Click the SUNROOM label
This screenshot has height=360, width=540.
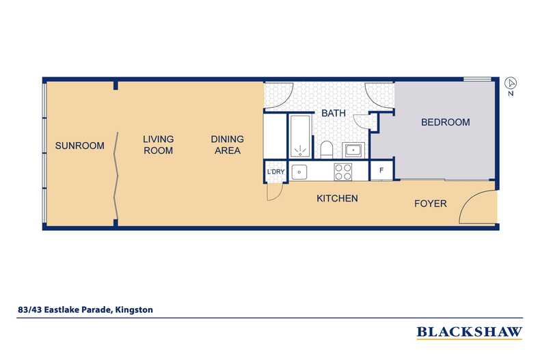pyautogui.click(x=79, y=146)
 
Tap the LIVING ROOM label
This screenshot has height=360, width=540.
pyautogui.click(x=159, y=145)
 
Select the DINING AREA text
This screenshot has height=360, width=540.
pyautogui.click(x=228, y=145)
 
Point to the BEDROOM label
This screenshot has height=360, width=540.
pyautogui.click(x=445, y=122)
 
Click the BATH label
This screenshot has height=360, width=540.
pyautogui.click(x=334, y=113)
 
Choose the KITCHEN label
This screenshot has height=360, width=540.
pyautogui.click(x=337, y=198)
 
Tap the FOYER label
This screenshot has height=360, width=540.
pyautogui.click(x=431, y=204)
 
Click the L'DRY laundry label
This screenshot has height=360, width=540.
pyautogui.click(x=276, y=171)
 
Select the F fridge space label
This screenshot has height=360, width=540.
pyautogui.click(x=381, y=170)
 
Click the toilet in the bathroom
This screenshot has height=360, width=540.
pyautogui.click(x=326, y=150)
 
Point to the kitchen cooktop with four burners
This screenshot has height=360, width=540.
pyautogui.click(x=343, y=171)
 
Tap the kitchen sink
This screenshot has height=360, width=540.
pyautogui.click(x=299, y=172)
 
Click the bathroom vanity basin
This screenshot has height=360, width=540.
pyautogui.click(x=353, y=150)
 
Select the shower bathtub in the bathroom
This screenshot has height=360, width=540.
pyautogui.click(x=301, y=137)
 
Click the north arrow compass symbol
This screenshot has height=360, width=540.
pyautogui.click(x=511, y=83)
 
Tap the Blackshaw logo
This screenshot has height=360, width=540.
pyautogui.click(x=470, y=332)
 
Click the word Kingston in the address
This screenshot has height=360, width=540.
pyautogui.click(x=134, y=309)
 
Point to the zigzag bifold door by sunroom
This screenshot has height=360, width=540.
pyautogui.click(x=116, y=176)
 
